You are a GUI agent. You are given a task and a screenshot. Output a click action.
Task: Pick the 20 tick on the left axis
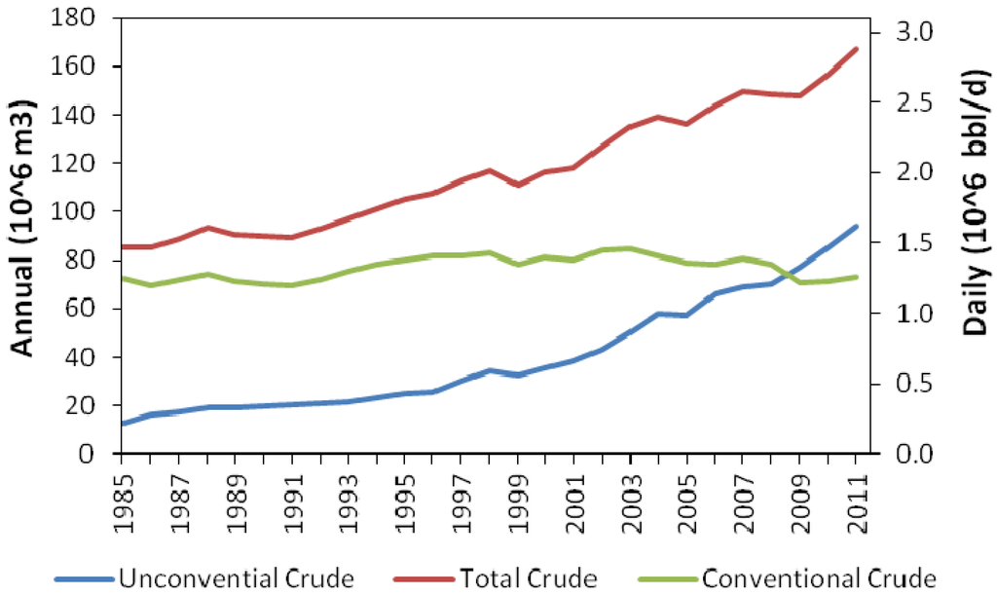tap(88, 405)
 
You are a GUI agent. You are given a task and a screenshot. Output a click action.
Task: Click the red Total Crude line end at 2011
tap(857, 49)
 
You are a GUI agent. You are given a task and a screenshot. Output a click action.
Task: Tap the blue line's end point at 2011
tap(857, 227)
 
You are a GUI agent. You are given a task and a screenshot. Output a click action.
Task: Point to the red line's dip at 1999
tap(518, 184)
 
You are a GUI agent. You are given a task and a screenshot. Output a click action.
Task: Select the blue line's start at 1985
tap(122, 424)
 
